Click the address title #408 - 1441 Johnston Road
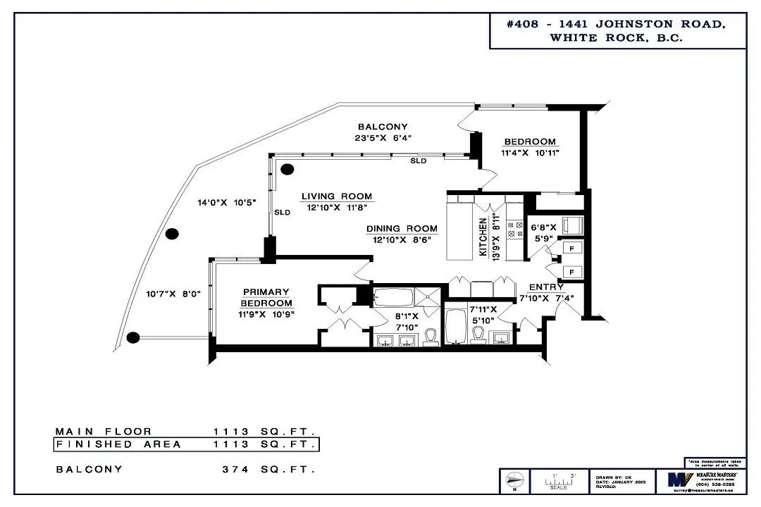[617, 24]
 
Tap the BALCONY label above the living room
[383, 127]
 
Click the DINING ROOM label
[402, 229]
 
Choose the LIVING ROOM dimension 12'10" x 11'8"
[337, 207]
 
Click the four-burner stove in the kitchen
[514, 229]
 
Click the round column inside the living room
[287, 170]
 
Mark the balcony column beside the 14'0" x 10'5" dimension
[171, 234]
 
